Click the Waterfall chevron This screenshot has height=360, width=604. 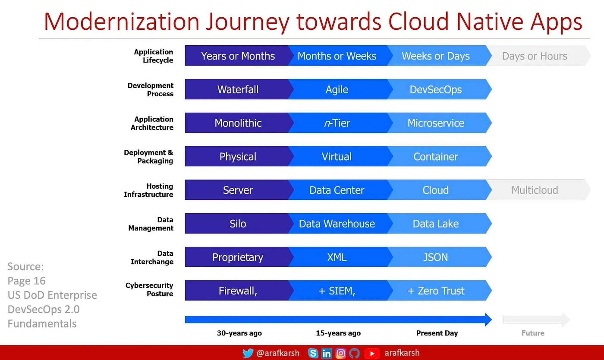[x=238, y=89]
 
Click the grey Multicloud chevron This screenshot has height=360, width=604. [x=538, y=190]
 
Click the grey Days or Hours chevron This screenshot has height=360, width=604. [x=538, y=56]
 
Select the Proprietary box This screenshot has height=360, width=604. [x=238, y=257]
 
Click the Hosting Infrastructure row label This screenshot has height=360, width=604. [x=148, y=190]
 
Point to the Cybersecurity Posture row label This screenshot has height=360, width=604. [x=149, y=289]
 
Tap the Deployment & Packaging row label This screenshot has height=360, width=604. [x=148, y=156]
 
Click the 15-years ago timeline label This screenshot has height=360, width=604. [x=338, y=333]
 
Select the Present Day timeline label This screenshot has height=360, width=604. [x=437, y=333]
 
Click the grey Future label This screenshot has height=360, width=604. [x=533, y=333]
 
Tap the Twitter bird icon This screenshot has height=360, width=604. [x=248, y=353]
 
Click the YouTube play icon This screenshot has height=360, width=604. [x=372, y=353]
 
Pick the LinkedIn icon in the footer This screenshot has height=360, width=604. [x=327, y=353]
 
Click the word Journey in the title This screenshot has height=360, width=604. [x=248, y=22]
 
